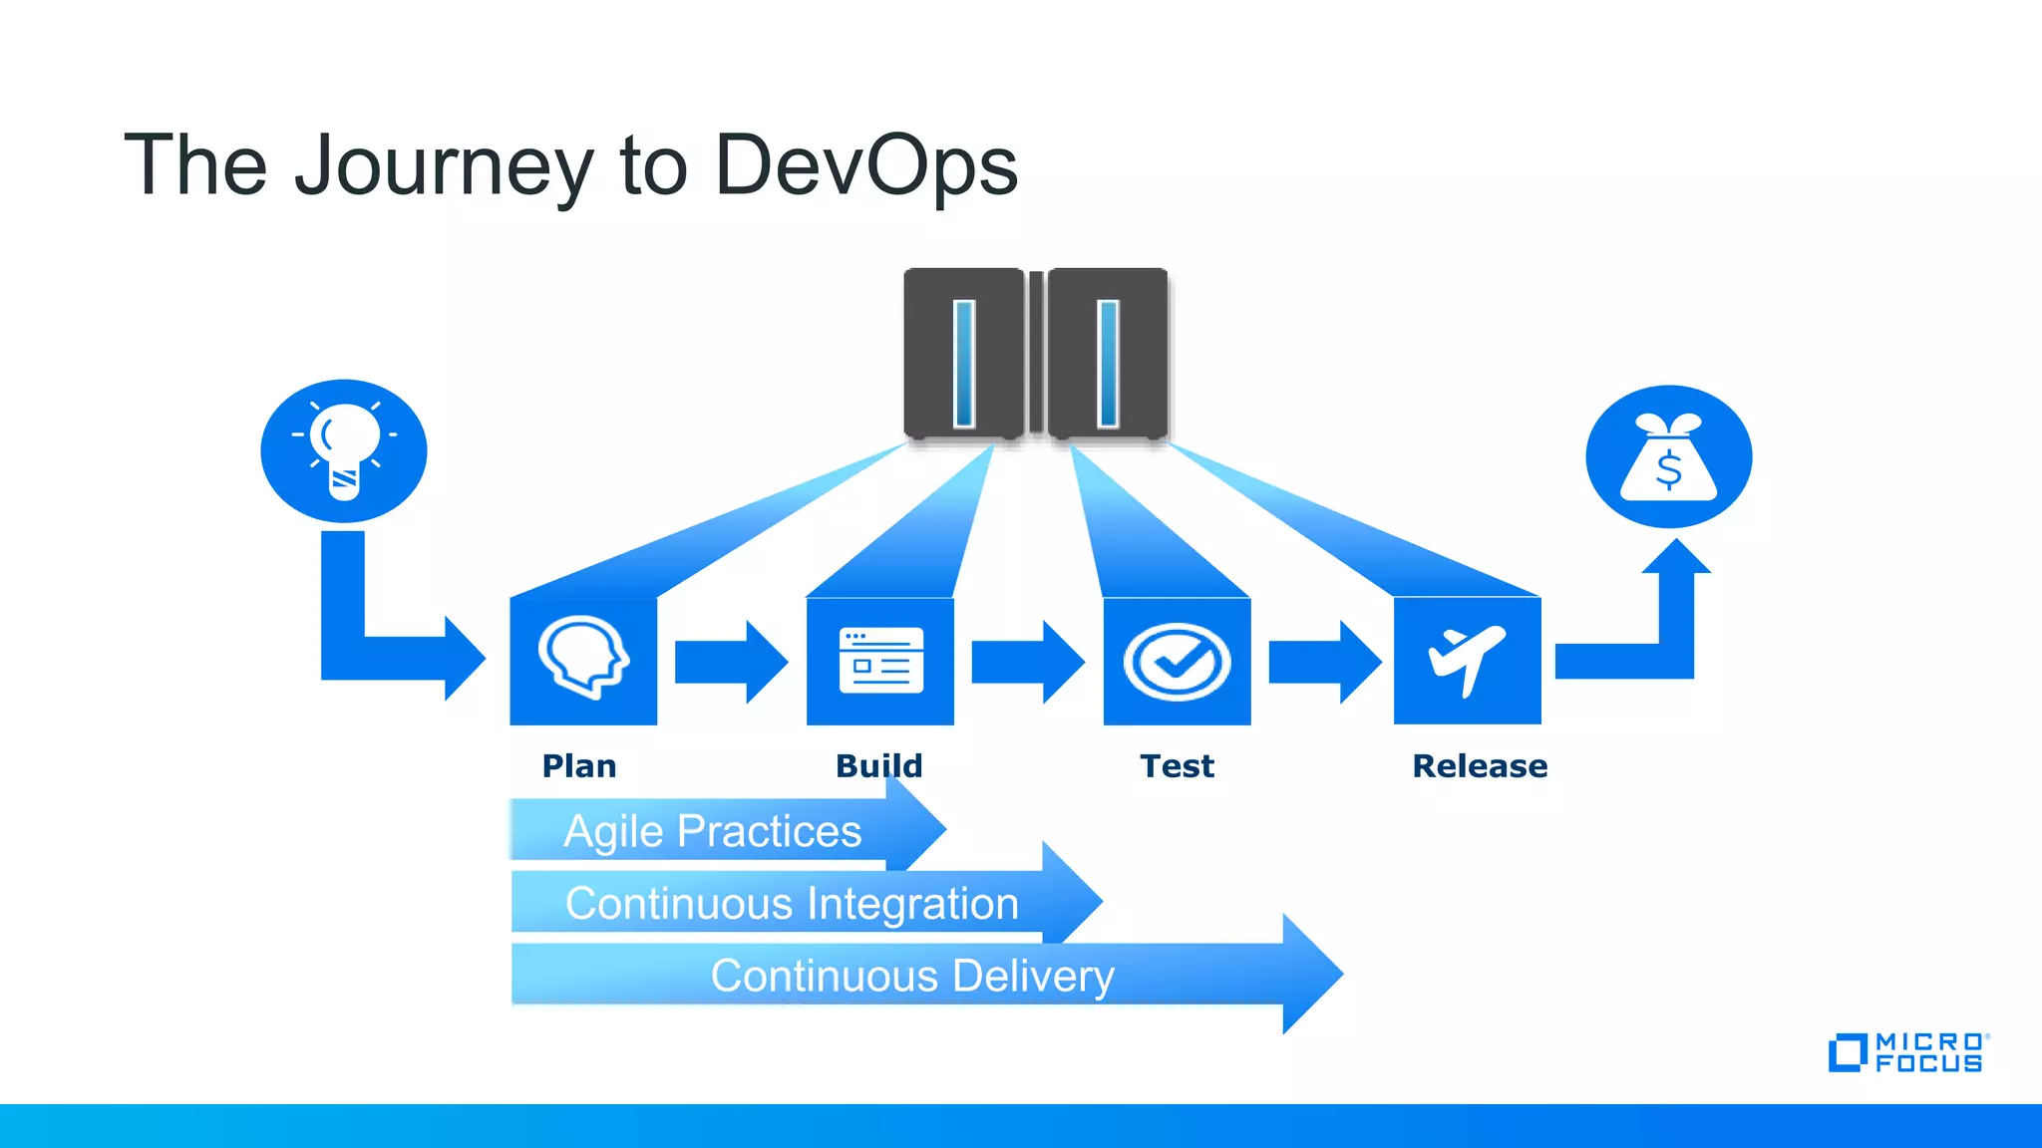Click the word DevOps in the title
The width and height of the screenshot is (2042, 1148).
click(x=865, y=165)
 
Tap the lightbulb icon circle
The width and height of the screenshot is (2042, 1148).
click(x=344, y=450)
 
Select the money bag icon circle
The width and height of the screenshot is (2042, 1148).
click(x=1668, y=456)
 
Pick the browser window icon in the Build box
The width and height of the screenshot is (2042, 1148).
click(x=880, y=660)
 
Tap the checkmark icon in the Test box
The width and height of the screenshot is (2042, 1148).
click(x=1177, y=662)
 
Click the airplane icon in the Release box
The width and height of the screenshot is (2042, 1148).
click(x=1466, y=660)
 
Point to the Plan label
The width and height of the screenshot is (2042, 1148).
click(x=579, y=766)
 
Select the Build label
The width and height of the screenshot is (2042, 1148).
click(x=878, y=766)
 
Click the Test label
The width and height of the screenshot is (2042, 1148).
click(x=1177, y=766)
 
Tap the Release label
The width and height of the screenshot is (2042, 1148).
click(x=1480, y=766)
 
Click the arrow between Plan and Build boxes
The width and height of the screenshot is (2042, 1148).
click(x=731, y=662)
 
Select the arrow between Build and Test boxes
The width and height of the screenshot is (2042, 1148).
click(x=1027, y=662)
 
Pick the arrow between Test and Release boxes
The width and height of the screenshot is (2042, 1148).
click(x=1324, y=662)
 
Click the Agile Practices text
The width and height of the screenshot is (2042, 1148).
click(x=712, y=831)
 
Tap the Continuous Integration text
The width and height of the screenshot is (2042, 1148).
click(x=792, y=904)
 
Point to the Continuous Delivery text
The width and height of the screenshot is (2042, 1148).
click(x=911, y=976)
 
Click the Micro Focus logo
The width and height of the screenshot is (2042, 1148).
click(x=1907, y=1053)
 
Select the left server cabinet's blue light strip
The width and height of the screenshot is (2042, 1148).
click(x=964, y=363)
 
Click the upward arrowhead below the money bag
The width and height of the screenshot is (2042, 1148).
click(x=1676, y=558)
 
